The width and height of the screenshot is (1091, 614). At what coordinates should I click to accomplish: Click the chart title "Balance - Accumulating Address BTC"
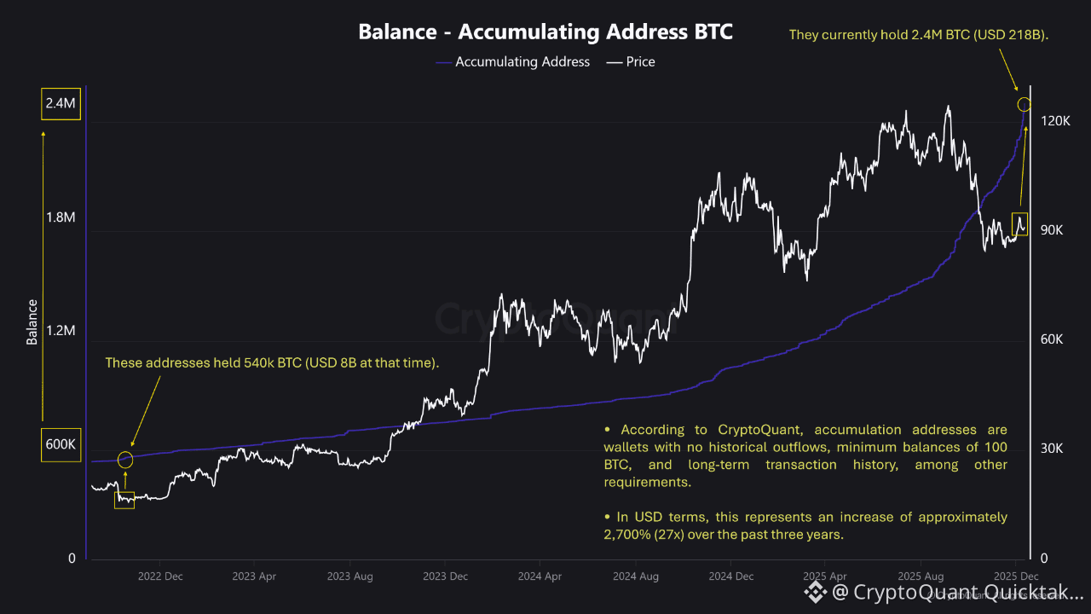click(545, 32)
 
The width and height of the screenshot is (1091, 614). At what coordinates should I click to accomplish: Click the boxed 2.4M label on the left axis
click(61, 103)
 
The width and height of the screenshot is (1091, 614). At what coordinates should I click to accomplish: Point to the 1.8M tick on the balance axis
click(61, 217)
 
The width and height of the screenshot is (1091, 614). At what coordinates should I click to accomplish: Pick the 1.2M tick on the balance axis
click(61, 331)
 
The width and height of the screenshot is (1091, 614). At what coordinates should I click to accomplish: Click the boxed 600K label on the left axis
click(61, 444)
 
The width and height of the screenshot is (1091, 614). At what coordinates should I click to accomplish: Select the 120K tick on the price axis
click(1055, 121)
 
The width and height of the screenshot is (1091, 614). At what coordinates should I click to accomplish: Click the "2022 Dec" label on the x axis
click(160, 576)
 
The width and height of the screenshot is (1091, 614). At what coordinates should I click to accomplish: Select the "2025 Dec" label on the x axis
click(1015, 576)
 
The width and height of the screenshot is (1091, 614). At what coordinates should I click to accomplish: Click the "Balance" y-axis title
click(32, 321)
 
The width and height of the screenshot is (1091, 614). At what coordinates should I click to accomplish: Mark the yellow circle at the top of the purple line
click(1025, 104)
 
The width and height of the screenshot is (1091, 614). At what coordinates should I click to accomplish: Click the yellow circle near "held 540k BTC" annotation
click(125, 460)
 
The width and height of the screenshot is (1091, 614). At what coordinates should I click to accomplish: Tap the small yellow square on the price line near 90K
click(1019, 224)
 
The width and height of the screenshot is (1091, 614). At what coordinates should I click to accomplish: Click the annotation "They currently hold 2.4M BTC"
click(919, 35)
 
